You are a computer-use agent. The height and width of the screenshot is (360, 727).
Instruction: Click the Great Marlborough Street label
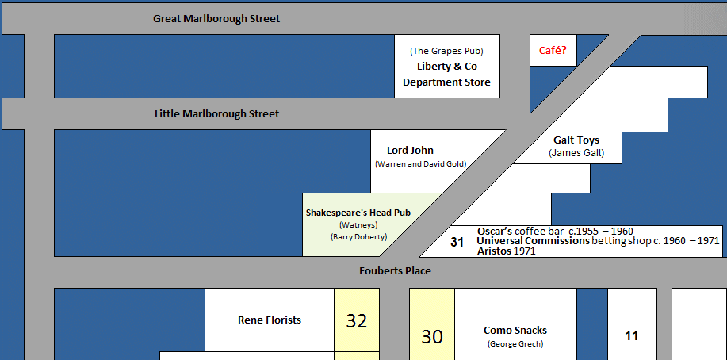[x=216, y=19]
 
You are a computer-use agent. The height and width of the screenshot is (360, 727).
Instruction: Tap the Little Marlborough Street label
[x=217, y=114]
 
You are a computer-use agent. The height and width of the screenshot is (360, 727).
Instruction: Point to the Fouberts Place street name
[x=395, y=271]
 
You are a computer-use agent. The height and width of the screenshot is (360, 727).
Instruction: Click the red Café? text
[x=553, y=50]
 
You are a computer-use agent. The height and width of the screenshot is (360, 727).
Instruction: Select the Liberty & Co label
[x=447, y=67]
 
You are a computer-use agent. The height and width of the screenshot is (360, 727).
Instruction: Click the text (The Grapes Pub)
[x=446, y=51]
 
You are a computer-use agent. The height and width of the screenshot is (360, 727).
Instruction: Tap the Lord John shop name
[x=411, y=151]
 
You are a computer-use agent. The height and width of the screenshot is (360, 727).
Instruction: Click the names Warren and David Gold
[x=420, y=164]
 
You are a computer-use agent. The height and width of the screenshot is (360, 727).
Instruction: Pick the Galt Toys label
[x=576, y=140]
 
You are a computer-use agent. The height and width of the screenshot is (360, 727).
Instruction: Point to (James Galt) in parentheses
[x=576, y=153]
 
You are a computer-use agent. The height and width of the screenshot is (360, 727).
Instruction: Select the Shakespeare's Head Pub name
[x=358, y=213]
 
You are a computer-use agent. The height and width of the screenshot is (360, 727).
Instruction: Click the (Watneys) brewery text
[x=358, y=225]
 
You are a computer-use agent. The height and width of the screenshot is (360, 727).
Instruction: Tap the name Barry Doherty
[x=358, y=236]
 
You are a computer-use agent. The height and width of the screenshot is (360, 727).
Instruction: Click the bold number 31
[x=457, y=242]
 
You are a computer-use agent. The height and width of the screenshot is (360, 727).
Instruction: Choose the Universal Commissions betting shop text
[x=598, y=241]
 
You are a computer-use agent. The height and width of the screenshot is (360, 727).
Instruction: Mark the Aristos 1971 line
[x=506, y=251]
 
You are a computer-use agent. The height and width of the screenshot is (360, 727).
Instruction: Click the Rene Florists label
[x=270, y=320]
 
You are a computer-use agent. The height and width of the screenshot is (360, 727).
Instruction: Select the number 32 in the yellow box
[x=357, y=320]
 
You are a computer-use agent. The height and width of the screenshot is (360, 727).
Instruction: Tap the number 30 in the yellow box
[x=432, y=337]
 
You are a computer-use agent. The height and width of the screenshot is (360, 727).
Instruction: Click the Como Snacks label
[x=515, y=331]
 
